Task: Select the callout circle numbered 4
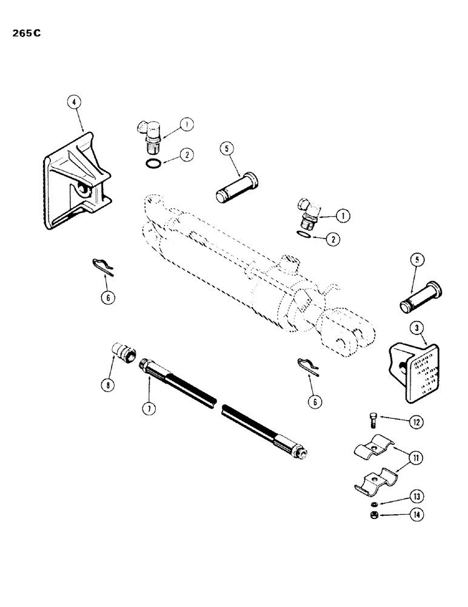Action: (73, 103)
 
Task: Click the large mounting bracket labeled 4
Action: (76, 185)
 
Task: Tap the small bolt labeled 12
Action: (374, 419)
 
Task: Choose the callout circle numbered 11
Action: (415, 457)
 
